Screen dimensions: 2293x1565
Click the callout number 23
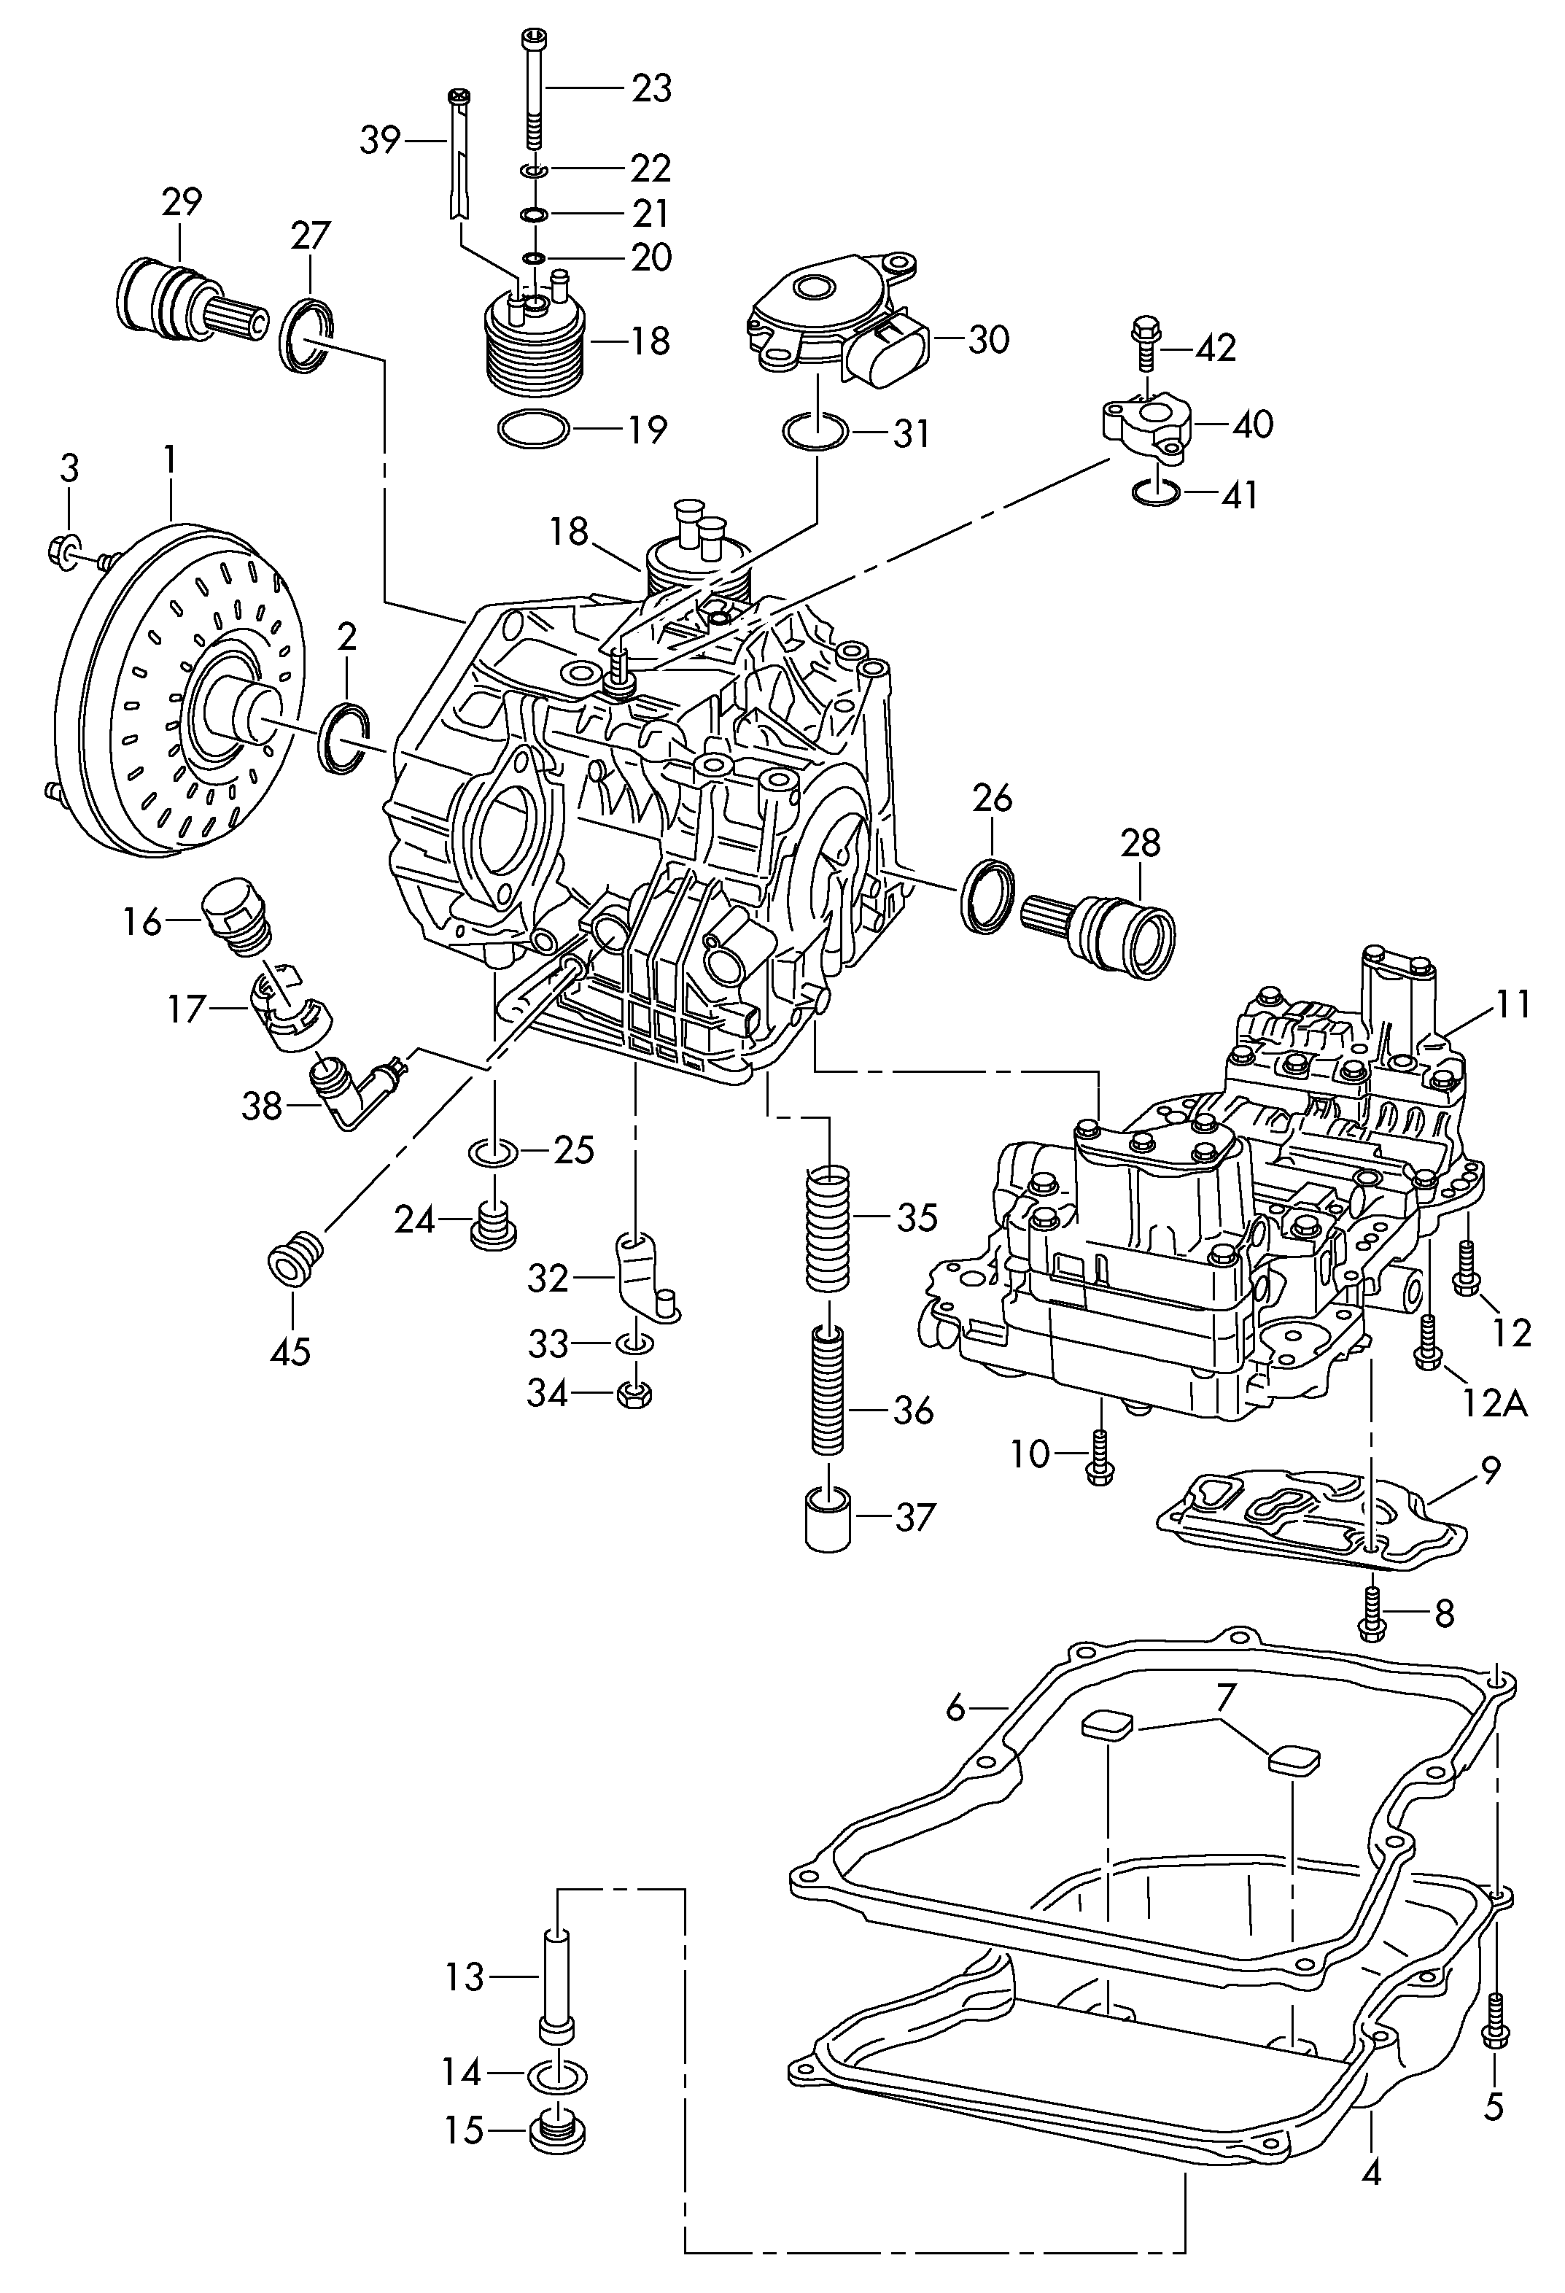click(651, 89)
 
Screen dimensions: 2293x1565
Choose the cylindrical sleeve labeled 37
click(827, 1521)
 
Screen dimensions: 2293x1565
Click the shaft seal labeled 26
click(987, 896)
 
